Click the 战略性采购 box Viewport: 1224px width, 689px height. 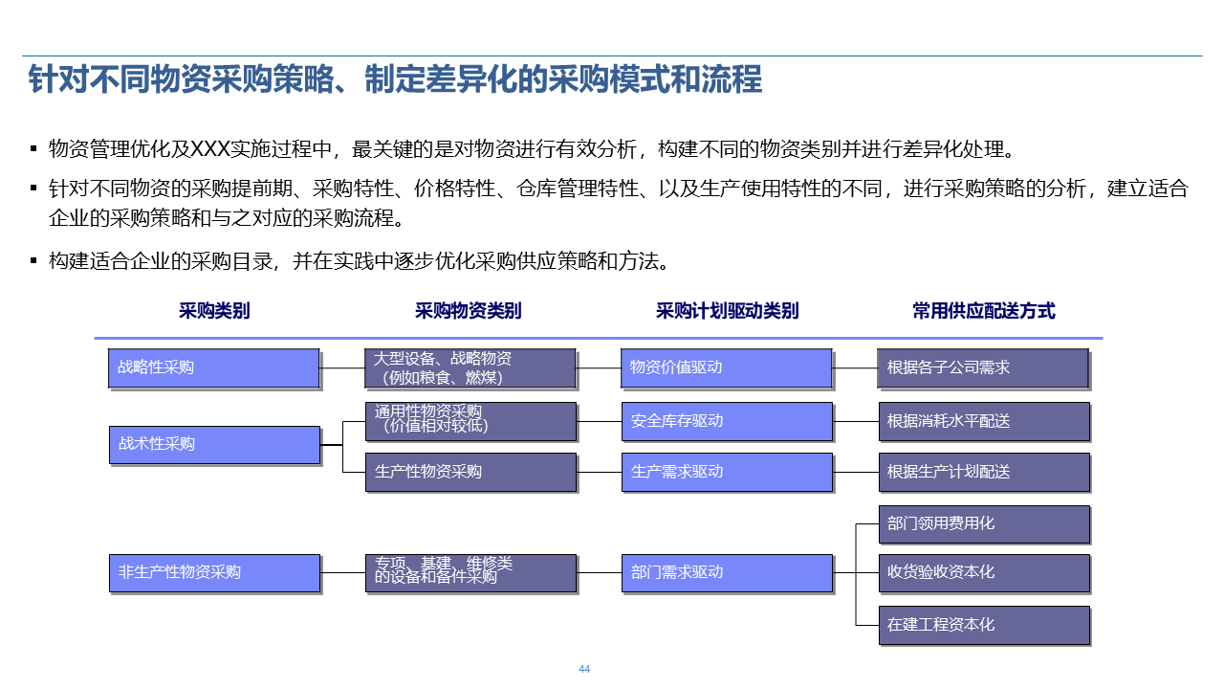(x=213, y=367)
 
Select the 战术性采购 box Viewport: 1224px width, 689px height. (x=214, y=444)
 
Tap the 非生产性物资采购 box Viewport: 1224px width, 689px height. (x=214, y=572)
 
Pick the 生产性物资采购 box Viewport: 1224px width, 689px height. (x=470, y=472)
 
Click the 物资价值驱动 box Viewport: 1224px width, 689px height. (x=726, y=367)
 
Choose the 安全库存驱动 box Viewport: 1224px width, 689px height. (x=726, y=421)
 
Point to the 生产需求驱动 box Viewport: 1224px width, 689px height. (x=726, y=472)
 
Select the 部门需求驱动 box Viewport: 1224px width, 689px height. (x=726, y=572)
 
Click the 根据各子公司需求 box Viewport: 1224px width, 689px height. (x=983, y=367)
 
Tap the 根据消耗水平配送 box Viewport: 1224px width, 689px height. (x=984, y=421)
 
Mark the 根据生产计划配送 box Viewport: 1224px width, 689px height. (x=984, y=472)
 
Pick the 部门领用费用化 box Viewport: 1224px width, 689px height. (x=984, y=523)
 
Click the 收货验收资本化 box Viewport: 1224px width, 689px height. (x=984, y=572)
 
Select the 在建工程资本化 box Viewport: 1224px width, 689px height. (x=984, y=625)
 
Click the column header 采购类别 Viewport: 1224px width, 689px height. (x=214, y=311)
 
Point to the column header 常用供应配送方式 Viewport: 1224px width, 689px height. (x=983, y=311)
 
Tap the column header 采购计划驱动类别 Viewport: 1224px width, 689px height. (x=727, y=311)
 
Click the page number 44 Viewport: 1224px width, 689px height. (x=584, y=669)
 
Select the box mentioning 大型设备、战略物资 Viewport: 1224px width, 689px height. (x=470, y=367)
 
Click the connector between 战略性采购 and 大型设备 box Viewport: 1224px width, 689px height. (x=342, y=367)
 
